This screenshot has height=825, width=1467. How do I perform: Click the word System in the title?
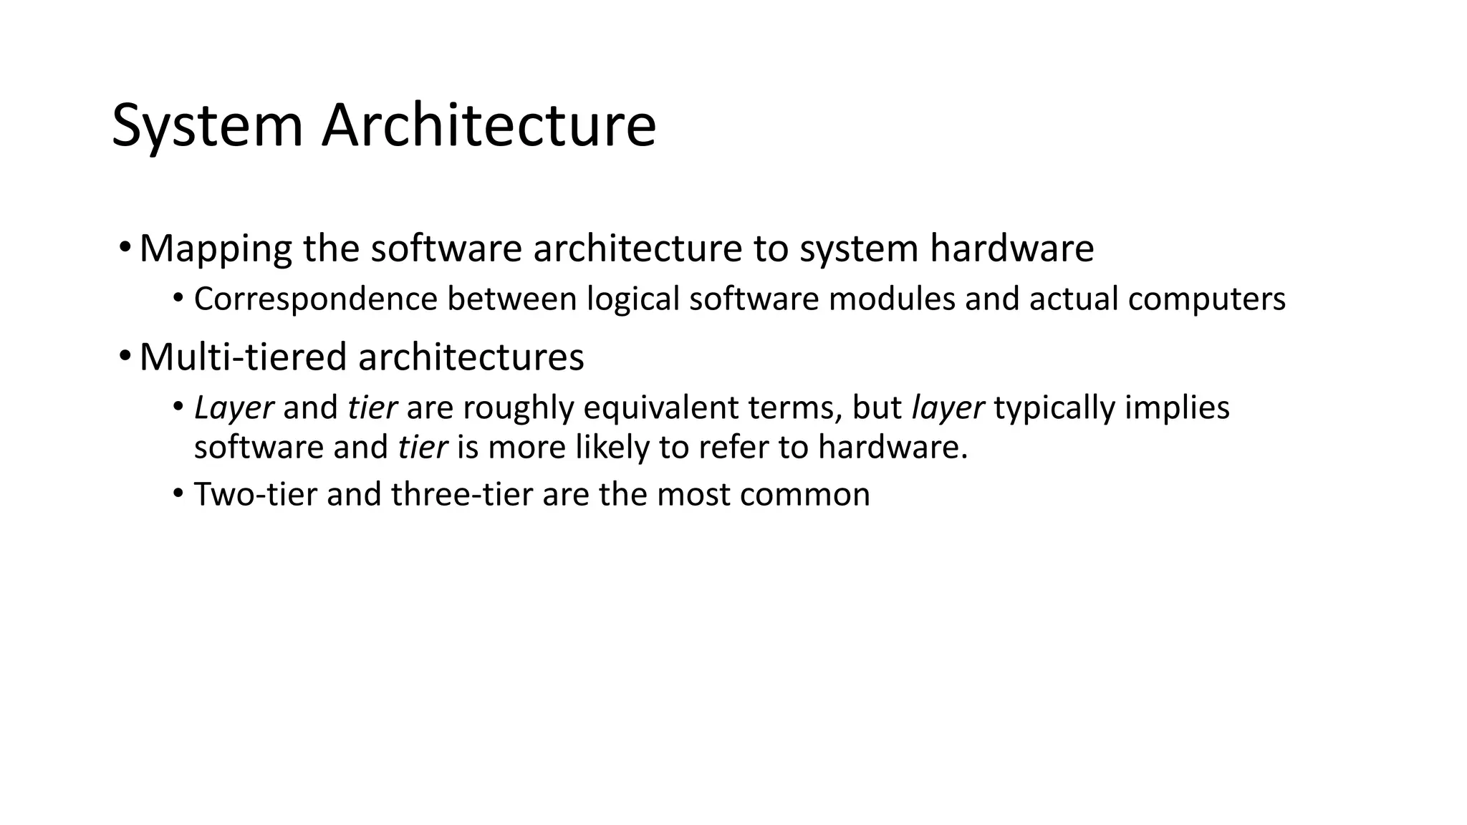(x=207, y=126)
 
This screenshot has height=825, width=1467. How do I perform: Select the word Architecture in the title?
(x=489, y=126)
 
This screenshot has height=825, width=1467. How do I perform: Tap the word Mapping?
(x=216, y=249)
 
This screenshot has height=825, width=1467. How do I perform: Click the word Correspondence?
(x=315, y=299)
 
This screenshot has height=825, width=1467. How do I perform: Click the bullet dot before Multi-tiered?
(x=125, y=356)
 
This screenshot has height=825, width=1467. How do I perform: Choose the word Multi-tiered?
(x=244, y=357)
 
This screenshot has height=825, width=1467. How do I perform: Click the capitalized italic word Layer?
(x=234, y=408)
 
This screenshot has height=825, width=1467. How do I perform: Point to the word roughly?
(x=519, y=408)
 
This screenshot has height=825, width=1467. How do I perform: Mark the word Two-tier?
(x=255, y=495)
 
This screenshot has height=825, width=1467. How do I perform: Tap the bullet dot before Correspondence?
(x=178, y=297)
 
